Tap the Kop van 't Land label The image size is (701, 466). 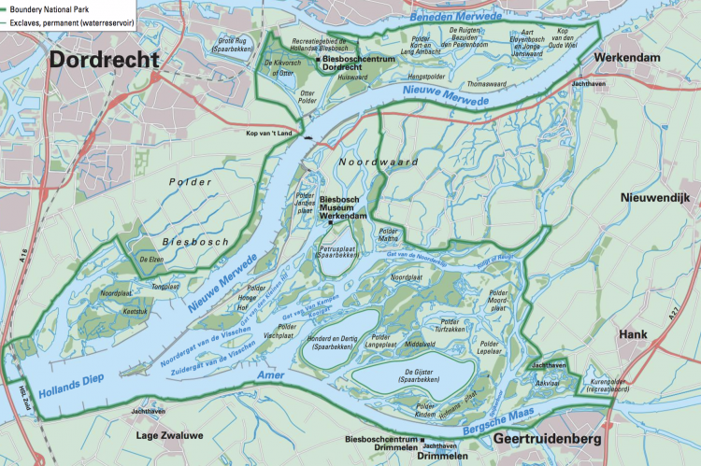pos(265,135)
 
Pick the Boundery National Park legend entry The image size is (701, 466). pos(56,7)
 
